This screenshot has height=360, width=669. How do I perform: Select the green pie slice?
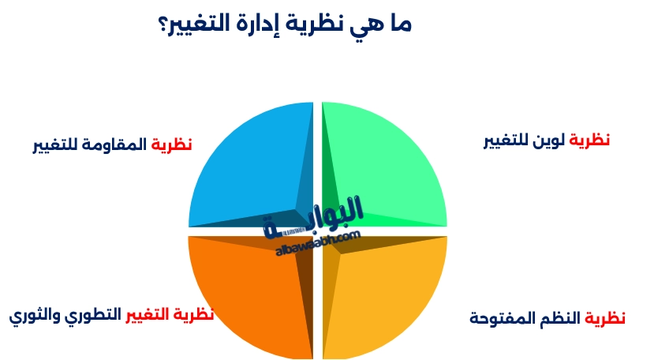(387, 162)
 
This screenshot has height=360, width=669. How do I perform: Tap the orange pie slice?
(245, 296)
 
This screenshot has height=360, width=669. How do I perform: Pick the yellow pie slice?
(387, 296)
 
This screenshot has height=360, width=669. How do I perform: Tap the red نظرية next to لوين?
(591, 141)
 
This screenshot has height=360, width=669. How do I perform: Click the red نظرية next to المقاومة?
(172, 144)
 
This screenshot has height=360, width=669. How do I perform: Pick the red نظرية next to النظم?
(604, 318)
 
